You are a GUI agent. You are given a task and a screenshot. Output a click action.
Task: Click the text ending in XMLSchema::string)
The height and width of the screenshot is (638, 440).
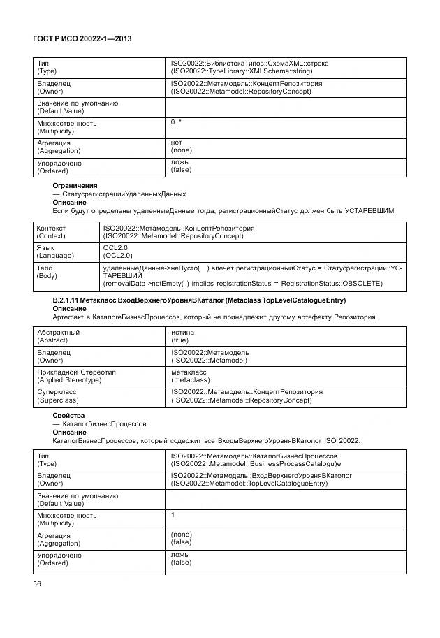tap(242, 71)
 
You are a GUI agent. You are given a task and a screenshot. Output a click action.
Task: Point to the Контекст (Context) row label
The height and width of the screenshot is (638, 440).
tap(51, 232)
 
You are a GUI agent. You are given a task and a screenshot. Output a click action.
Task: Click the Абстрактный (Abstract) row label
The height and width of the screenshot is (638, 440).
tap(58, 336)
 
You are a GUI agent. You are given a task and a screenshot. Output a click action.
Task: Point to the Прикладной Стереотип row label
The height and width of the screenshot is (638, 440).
tap(76, 376)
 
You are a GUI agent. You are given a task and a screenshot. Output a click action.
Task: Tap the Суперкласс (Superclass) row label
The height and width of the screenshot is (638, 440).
tap(59, 396)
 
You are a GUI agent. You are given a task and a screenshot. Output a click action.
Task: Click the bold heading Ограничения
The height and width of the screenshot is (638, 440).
tap(75, 185)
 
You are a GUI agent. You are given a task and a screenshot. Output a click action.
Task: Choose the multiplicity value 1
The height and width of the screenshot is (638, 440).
tap(173, 514)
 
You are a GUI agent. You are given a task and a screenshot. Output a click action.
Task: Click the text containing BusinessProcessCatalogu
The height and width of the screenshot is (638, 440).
tap(256, 463)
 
